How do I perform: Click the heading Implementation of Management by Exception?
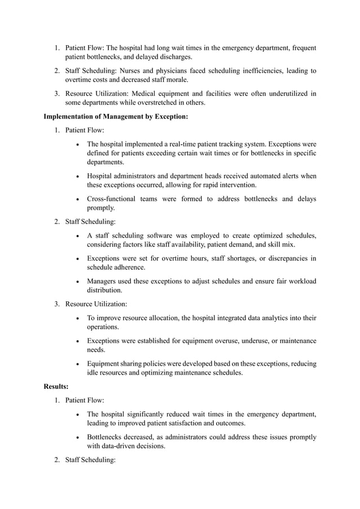tap(116, 117)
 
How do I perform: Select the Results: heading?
tap(56, 387)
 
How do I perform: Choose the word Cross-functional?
tap(114, 199)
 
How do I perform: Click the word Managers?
tap(102, 281)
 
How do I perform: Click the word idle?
tap(93, 373)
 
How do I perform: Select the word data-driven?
tap(123, 446)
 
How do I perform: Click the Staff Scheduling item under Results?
tap(90, 460)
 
